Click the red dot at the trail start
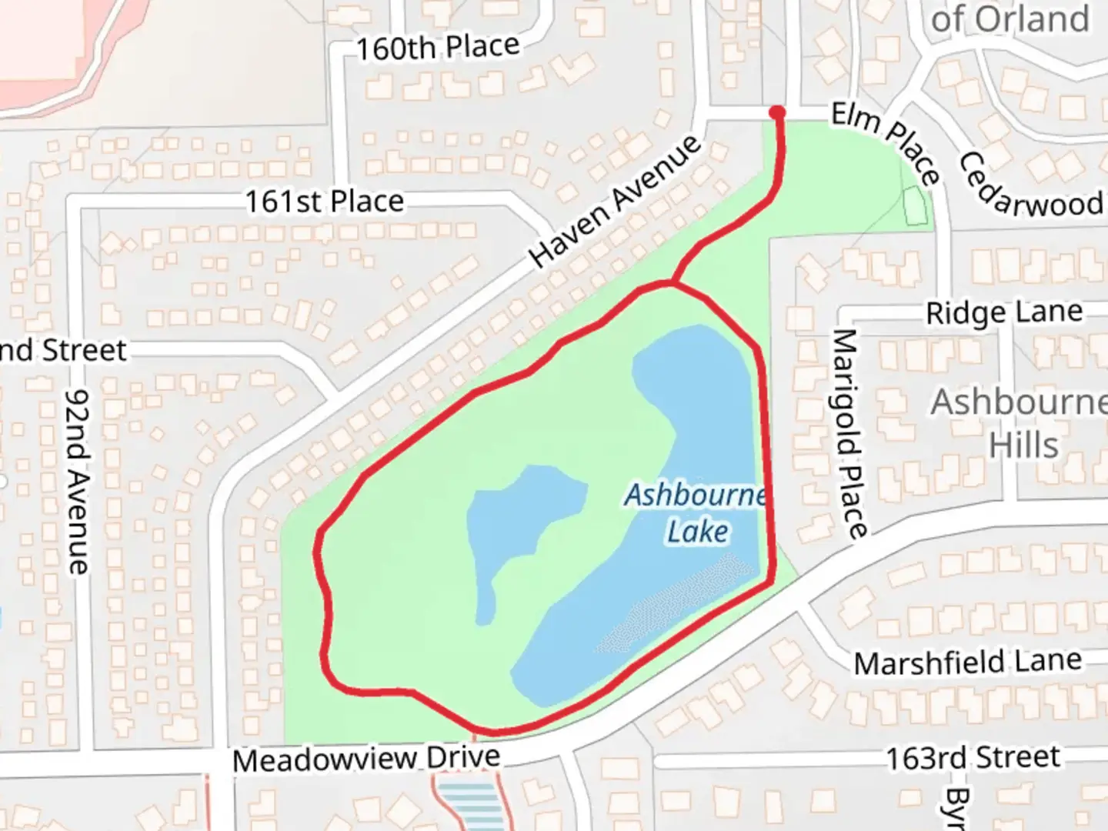tap(777, 113)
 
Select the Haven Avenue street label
tap(616, 202)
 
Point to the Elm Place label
tap(886, 143)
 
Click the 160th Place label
tap(437, 48)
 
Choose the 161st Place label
tap(324, 202)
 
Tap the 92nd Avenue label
tap(78, 482)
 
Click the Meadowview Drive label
tap(366, 759)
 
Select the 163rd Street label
tap(973, 758)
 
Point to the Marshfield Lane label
tap(967, 662)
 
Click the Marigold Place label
tap(849, 432)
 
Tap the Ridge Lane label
tap(1003, 312)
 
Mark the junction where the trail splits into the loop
tap(672, 284)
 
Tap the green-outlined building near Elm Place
tap(916, 205)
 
